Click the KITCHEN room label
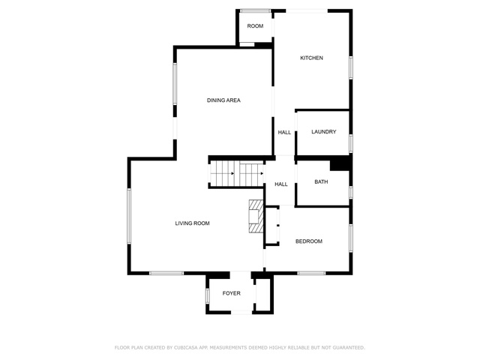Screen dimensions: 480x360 point(311,58)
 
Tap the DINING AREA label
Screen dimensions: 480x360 point(223,100)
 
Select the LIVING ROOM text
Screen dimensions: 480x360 point(192,223)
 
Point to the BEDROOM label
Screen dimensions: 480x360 point(308,241)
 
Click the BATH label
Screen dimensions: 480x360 point(321,181)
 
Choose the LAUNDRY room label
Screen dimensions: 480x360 point(323,132)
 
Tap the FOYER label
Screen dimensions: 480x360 point(232,293)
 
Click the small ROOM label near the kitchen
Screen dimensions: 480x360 point(255,26)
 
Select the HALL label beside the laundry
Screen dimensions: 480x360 point(284,132)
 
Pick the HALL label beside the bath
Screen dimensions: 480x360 point(281,184)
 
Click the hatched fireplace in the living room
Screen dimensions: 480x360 point(256,216)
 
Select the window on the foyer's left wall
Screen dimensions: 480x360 point(207,295)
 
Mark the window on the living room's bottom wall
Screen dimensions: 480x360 point(166,273)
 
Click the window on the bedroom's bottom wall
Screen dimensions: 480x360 point(312,273)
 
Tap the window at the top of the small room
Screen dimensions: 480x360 point(255,10)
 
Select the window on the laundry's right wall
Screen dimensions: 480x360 point(351,143)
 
